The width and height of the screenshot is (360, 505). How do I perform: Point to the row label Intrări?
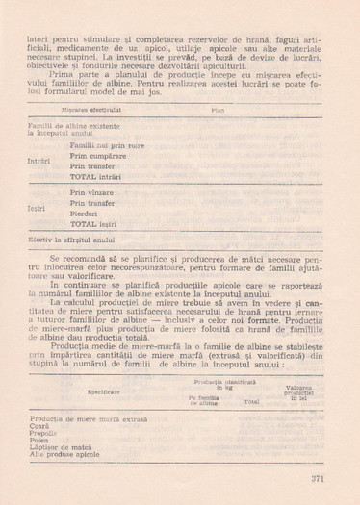click(x=39, y=161)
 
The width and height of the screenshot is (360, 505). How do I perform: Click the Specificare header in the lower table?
click(x=103, y=392)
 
